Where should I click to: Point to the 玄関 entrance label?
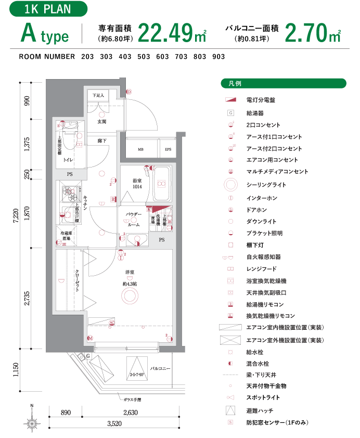102,121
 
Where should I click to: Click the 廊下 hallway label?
102,140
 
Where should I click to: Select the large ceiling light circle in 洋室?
130,296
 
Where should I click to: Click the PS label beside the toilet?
70,174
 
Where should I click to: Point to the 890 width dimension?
66,413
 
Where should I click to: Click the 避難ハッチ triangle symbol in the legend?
230,410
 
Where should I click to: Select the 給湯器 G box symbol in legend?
230,113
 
